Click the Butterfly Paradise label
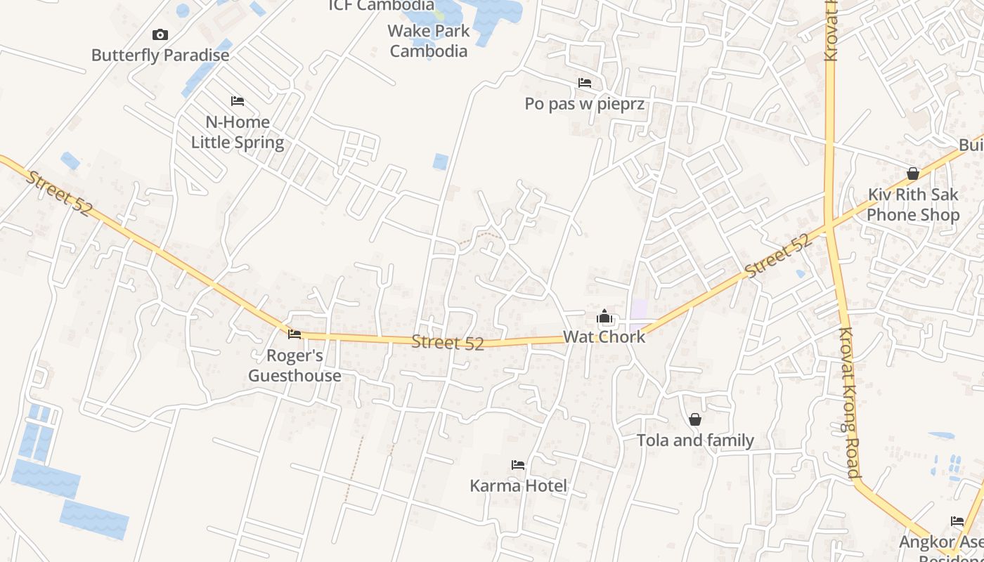pyautogui.click(x=160, y=55)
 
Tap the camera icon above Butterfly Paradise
pyautogui.click(x=160, y=34)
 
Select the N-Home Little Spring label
pyautogui.click(x=238, y=132)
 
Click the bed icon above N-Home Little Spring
pyautogui.click(x=238, y=101)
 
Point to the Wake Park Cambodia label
pyautogui.click(x=429, y=41)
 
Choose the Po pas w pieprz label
pyautogui.click(x=584, y=104)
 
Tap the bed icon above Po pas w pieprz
pyautogui.click(x=584, y=83)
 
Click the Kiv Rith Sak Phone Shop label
pyautogui.click(x=913, y=204)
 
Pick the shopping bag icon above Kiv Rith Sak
pyautogui.click(x=913, y=173)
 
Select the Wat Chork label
pyautogui.click(x=604, y=337)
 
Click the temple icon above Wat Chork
pyautogui.click(x=604, y=317)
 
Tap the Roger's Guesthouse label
pyautogui.click(x=294, y=365)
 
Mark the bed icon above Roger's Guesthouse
pyautogui.click(x=294, y=334)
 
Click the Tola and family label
pyautogui.click(x=695, y=440)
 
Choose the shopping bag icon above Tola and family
pyautogui.click(x=695, y=419)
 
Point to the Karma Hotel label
pyautogui.click(x=518, y=485)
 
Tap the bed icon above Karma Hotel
pyautogui.click(x=518, y=465)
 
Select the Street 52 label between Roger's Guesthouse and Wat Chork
pyautogui.click(x=448, y=343)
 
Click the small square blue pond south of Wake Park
pyautogui.click(x=441, y=162)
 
